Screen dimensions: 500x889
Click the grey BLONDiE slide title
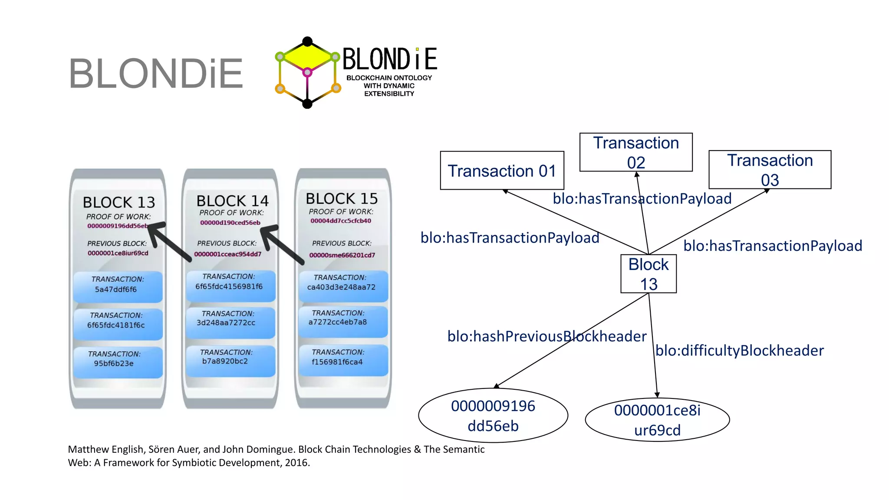[155, 74]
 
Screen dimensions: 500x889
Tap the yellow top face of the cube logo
[307, 57]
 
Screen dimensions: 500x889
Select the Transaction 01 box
[502, 171]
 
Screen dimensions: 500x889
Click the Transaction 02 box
[636, 152]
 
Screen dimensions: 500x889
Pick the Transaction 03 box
[770, 170]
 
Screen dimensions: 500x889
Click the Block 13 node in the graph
[649, 274]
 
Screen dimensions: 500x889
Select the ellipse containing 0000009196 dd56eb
[493, 415]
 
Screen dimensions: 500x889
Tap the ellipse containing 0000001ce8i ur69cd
[657, 420]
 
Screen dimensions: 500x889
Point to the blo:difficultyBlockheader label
[739, 351]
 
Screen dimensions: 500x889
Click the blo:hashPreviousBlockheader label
[547, 336]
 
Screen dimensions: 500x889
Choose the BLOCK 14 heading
[232, 201]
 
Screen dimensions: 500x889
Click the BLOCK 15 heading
[342, 199]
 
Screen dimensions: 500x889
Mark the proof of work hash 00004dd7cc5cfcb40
[341, 221]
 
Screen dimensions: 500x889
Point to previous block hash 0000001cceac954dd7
[227, 254]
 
